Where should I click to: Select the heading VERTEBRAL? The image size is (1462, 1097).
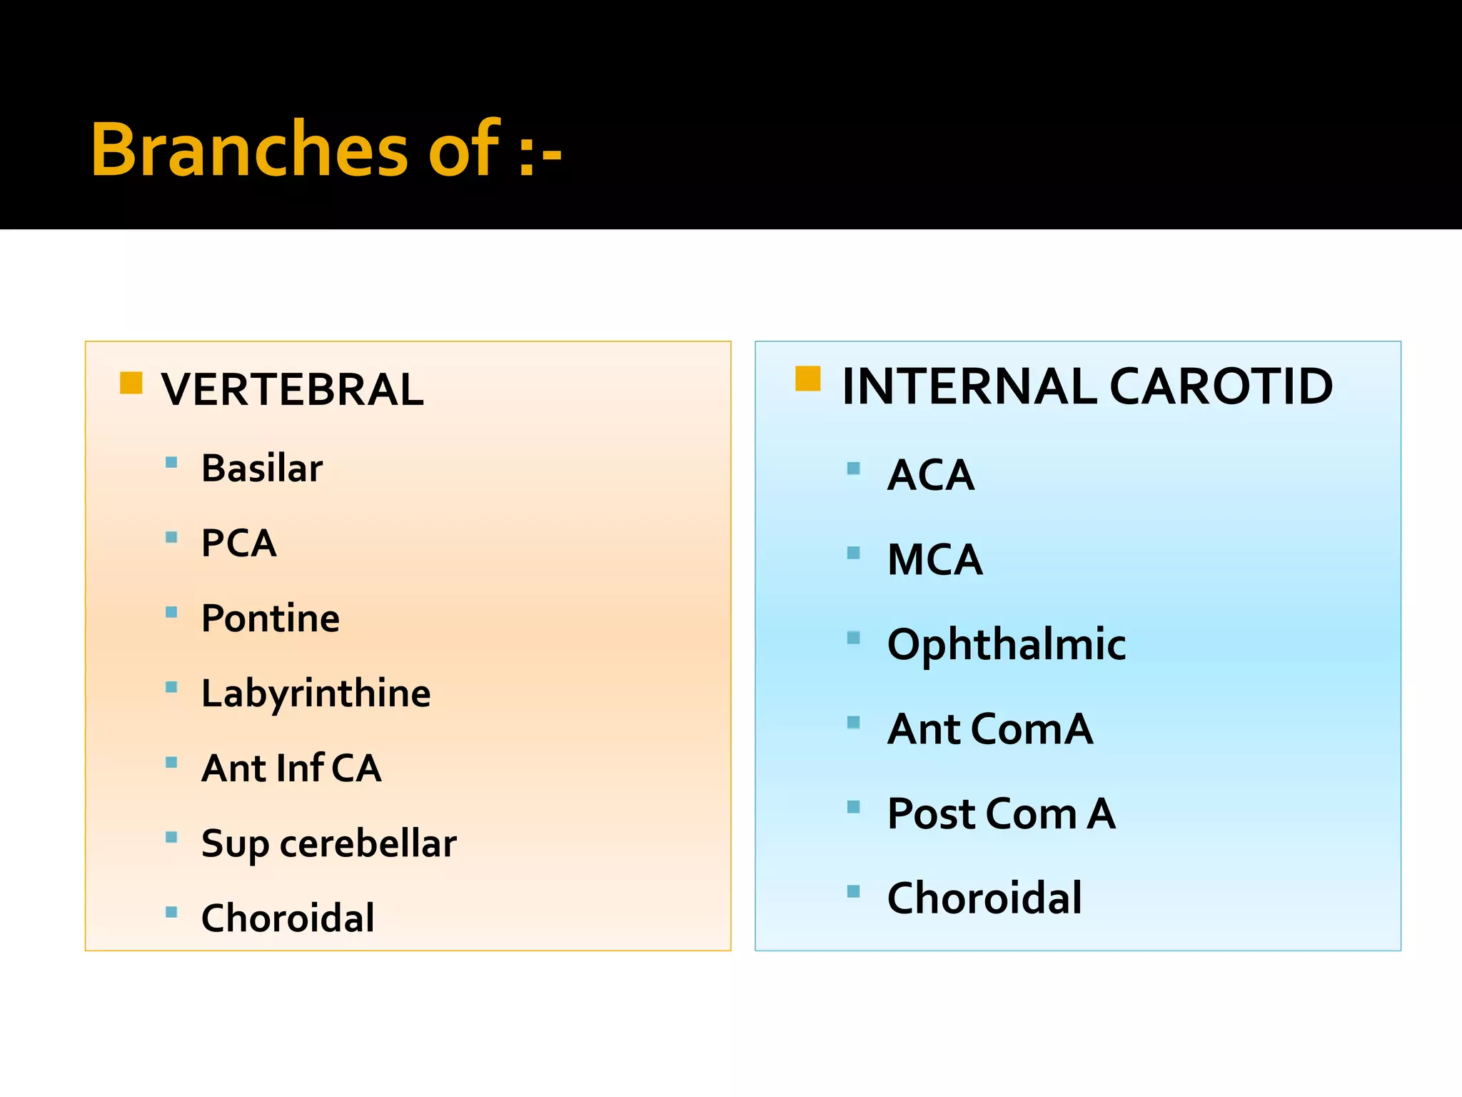[292, 390]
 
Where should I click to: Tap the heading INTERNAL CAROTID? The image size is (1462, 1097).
[1087, 386]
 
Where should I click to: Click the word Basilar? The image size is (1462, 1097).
[261, 469]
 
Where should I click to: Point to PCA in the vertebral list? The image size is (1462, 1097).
[238, 544]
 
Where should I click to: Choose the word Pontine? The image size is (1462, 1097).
[270, 618]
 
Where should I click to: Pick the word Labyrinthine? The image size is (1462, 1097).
[316, 693]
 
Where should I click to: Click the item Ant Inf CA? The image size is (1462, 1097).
[291, 768]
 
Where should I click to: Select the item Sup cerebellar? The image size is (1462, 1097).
[328, 843]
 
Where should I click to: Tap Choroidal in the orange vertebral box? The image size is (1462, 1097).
[287, 918]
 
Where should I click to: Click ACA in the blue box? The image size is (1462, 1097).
[930, 475]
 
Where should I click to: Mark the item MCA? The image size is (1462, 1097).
[934, 559]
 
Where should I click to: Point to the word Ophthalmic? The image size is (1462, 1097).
[1006, 644]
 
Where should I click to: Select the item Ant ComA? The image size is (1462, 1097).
[989, 729]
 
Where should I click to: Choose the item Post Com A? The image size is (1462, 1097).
[1001, 813]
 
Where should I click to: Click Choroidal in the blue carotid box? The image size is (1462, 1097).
[984, 898]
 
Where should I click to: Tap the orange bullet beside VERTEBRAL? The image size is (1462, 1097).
[131, 383]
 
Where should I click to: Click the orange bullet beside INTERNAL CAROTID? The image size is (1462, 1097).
[807, 379]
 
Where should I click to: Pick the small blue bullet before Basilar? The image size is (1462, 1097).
[171, 462]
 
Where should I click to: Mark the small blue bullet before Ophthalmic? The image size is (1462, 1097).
[853, 638]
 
